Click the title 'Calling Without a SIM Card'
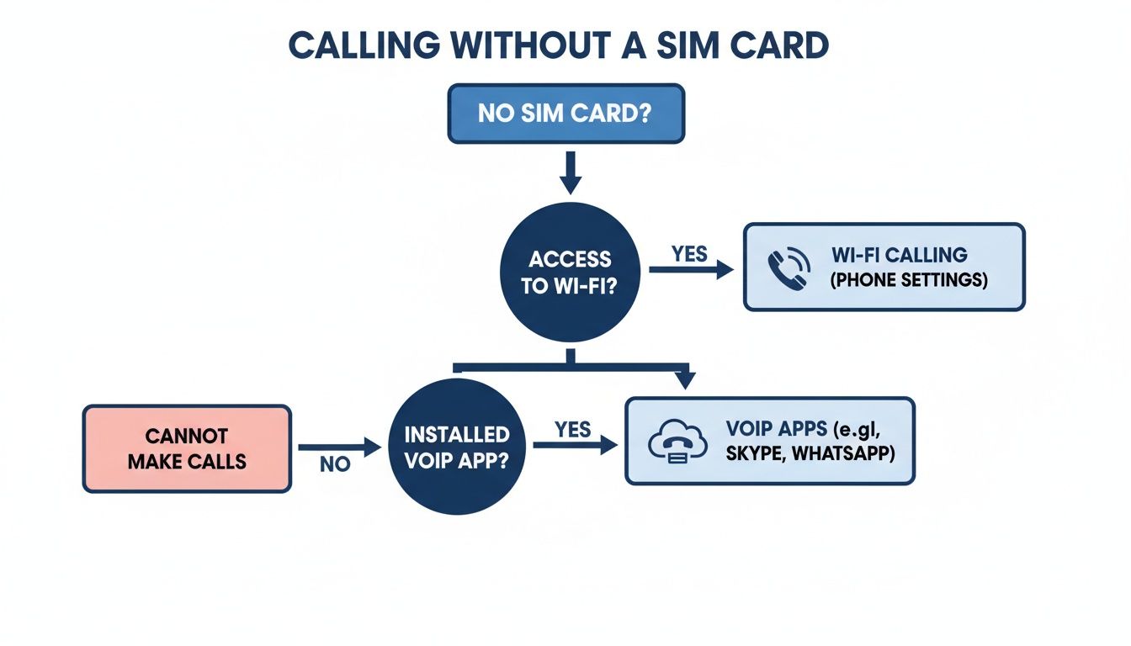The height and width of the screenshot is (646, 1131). pyautogui.click(x=558, y=46)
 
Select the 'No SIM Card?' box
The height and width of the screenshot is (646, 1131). pyautogui.click(x=565, y=113)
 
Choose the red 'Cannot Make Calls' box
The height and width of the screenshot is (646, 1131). pyautogui.click(x=187, y=448)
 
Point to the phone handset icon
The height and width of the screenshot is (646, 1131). pyautogui.click(x=789, y=267)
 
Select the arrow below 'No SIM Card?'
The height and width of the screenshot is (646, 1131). pyautogui.click(x=571, y=172)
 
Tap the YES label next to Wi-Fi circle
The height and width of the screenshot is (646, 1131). pyautogui.click(x=690, y=253)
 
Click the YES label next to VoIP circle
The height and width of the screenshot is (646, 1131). pyautogui.click(x=573, y=429)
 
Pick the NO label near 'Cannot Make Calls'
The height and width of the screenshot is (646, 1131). pyautogui.click(x=335, y=464)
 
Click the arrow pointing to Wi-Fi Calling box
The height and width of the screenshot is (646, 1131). pyautogui.click(x=691, y=270)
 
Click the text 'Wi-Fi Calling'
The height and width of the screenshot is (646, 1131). pyautogui.click(x=899, y=255)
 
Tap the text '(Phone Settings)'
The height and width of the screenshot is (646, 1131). pyautogui.click(x=909, y=280)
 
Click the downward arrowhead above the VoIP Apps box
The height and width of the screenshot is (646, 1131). pyautogui.click(x=685, y=379)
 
